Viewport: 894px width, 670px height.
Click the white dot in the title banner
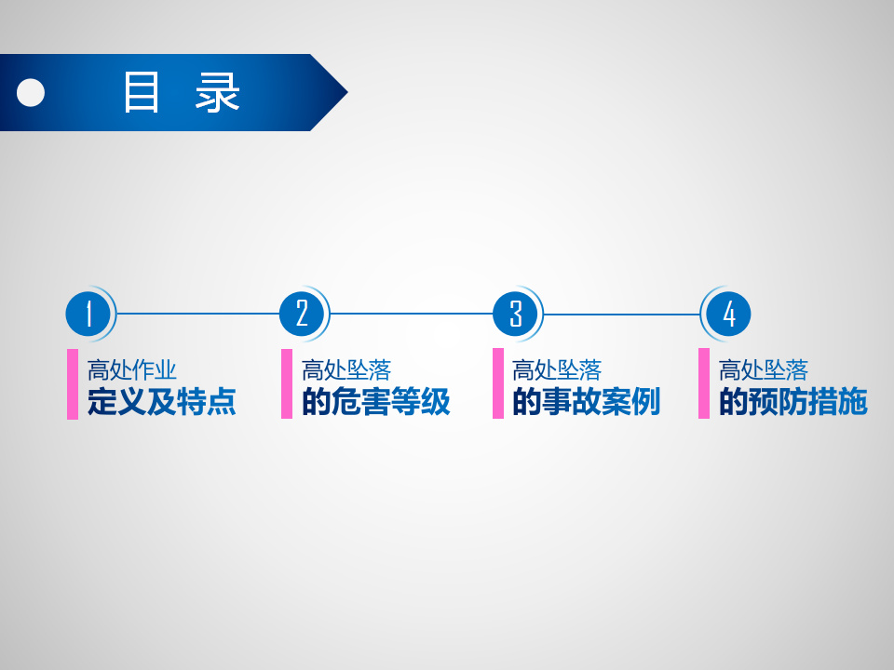(x=31, y=92)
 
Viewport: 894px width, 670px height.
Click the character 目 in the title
(x=141, y=92)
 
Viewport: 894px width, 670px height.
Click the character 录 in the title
(x=217, y=92)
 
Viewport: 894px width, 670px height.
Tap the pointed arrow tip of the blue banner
(x=347, y=92)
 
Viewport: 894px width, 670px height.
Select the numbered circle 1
(x=88, y=314)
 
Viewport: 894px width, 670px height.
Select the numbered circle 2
(x=302, y=314)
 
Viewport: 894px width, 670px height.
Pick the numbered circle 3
(x=515, y=314)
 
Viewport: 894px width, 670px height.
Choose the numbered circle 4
(x=728, y=314)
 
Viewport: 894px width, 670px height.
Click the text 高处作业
(x=131, y=370)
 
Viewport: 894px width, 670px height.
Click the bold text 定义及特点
(x=161, y=401)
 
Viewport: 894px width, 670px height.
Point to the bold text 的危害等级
(x=375, y=401)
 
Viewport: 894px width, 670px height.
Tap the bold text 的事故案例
(x=586, y=401)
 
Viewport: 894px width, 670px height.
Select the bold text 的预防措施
(x=793, y=401)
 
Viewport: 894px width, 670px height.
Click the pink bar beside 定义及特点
(x=73, y=384)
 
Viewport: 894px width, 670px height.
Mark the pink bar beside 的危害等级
(x=287, y=384)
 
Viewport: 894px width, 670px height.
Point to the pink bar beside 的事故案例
(x=498, y=383)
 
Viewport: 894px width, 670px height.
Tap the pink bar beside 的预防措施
(x=704, y=383)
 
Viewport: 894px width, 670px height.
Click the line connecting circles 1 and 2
(x=197, y=314)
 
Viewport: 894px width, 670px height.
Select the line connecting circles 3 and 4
(x=621, y=314)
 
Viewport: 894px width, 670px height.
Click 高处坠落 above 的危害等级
(x=346, y=370)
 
